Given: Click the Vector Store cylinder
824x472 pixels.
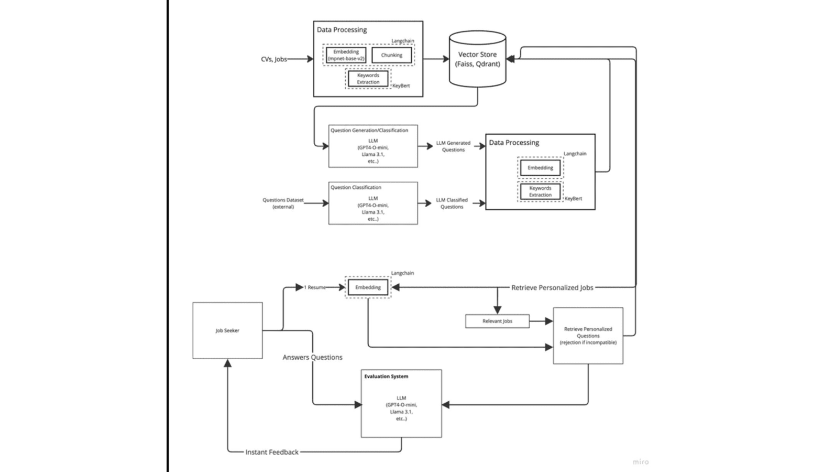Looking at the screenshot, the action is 477,59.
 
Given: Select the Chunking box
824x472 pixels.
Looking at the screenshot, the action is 391,55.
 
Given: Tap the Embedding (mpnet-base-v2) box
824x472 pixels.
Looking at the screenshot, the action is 346,55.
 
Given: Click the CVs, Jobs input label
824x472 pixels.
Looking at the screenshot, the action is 273,59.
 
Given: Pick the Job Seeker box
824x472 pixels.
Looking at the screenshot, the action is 228,330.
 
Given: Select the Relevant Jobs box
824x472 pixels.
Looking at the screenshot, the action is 497,321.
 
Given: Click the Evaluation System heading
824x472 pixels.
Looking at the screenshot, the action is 386,376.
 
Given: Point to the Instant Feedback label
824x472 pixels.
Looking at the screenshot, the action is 272,452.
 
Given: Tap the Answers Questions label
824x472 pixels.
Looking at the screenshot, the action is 312,357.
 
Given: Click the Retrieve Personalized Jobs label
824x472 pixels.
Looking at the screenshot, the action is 552,287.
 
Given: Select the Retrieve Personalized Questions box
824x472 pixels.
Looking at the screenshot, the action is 588,336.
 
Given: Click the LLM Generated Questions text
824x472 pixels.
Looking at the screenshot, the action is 453,146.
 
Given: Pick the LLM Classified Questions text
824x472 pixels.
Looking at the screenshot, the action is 452,203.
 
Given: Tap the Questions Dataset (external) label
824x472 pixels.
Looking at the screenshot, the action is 283,203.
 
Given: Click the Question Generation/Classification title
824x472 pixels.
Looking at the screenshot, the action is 369,131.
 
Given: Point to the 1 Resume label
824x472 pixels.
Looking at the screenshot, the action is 315,287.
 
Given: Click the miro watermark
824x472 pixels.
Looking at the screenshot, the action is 641,462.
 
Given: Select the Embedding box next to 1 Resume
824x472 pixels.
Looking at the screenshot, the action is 368,287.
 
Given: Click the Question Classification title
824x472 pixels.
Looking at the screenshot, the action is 356,187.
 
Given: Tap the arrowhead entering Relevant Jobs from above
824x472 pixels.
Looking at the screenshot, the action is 497,309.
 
